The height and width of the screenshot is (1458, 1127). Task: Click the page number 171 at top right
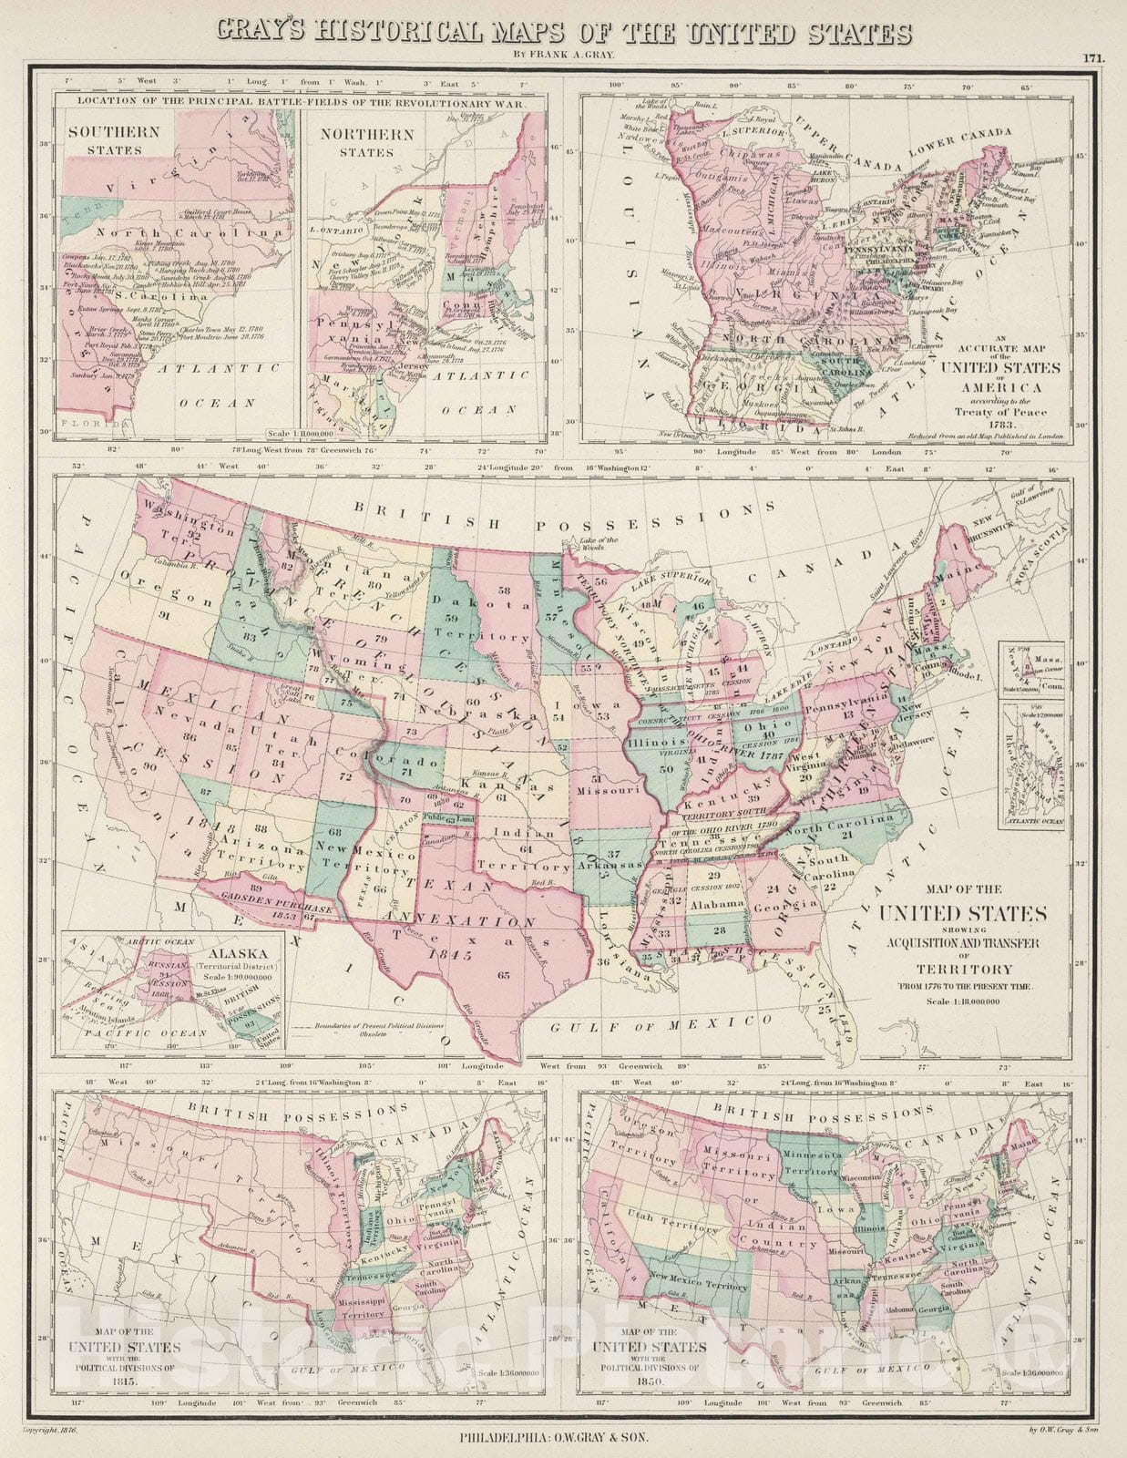(x=1094, y=57)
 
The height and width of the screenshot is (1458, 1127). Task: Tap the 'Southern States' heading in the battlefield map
(x=114, y=139)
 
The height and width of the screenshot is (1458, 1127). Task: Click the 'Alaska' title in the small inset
(x=235, y=953)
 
